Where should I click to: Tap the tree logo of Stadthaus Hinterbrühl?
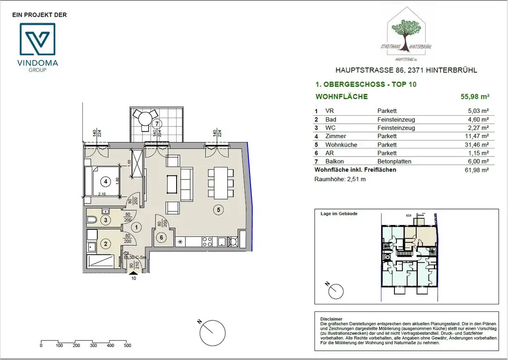pos(410,33)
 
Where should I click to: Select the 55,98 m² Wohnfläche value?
pos(475,97)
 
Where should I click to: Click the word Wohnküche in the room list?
pos(338,144)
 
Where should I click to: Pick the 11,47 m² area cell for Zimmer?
pos(478,136)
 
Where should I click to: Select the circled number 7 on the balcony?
pos(157,123)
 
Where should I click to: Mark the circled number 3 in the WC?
pos(105,220)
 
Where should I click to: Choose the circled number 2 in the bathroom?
pos(105,243)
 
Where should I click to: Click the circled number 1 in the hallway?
pos(138,226)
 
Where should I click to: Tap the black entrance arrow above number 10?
pos(133,273)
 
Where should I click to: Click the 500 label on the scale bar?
pos(127,346)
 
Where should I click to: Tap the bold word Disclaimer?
pos(331,319)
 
